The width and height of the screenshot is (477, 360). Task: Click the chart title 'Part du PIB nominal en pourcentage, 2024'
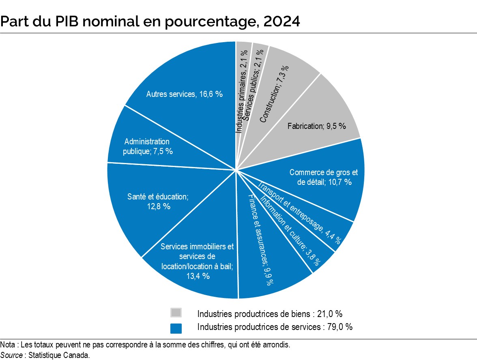point(150,21)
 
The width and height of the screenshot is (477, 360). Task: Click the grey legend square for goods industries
point(176,313)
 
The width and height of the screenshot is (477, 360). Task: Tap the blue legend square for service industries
point(176,328)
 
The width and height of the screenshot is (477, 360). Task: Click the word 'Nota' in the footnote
point(7,345)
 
